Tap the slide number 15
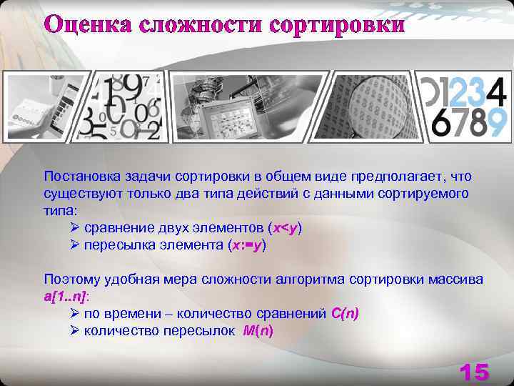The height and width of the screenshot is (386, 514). pyautogui.click(x=474, y=372)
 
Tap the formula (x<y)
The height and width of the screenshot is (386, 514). pyautogui.click(x=285, y=228)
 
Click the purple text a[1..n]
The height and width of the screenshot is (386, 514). pyautogui.click(x=65, y=297)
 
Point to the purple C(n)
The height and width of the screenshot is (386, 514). pyautogui.click(x=346, y=314)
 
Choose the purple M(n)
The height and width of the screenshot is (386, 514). pyautogui.click(x=258, y=331)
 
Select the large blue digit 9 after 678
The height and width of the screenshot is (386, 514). pyautogui.click(x=498, y=122)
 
